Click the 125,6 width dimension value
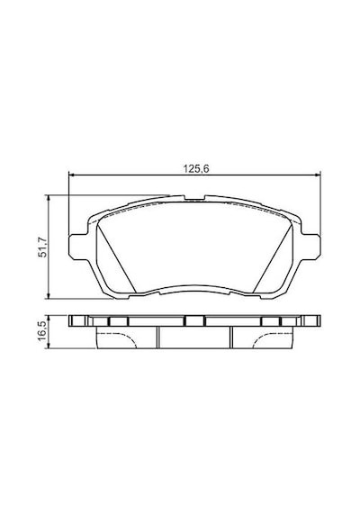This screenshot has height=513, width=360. (195, 169)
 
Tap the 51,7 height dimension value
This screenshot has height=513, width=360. (43, 247)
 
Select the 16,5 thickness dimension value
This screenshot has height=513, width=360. (43, 331)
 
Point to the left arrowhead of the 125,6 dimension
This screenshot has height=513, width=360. (72, 175)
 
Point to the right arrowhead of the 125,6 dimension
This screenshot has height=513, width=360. (318, 175)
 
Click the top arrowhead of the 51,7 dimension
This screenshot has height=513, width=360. (49, 198)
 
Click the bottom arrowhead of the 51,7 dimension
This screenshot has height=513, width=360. (49, 295)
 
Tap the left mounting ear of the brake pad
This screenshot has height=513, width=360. (78, 247)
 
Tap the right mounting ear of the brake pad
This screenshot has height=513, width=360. (310, 247)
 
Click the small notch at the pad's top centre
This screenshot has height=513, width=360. (194, 198)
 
